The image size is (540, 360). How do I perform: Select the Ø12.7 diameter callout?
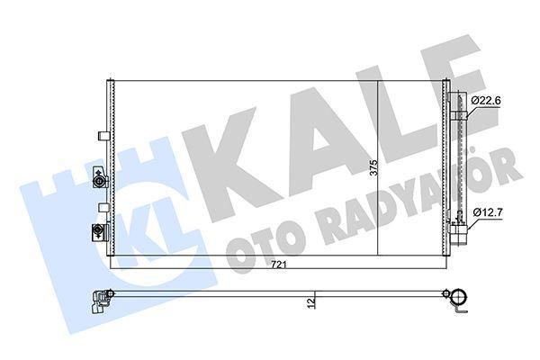pyautogui.click(x=486, y=213)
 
